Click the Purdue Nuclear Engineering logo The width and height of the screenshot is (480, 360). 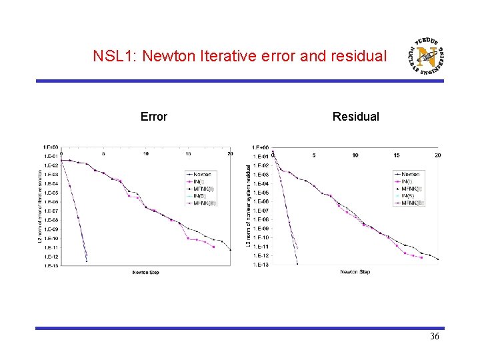tap(427, 55)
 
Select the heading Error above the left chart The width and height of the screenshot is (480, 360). tap(154, 117)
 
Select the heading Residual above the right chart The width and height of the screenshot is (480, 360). tap(355, 117)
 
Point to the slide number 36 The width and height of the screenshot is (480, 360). tap(434, 337)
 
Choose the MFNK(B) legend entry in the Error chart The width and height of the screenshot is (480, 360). tap(205, 203)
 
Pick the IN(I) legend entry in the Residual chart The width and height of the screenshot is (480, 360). tap(409, 181)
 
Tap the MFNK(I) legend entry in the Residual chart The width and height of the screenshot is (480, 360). tap(411, 189)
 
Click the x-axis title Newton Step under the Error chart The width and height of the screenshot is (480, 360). tap(145, 272)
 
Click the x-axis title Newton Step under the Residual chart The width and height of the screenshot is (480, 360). tap(355, 271)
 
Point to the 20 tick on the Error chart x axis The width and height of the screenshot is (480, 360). tap(230, 153)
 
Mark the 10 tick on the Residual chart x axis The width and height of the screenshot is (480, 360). tap(355, 155)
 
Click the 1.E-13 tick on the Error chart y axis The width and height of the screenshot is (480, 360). tap(51, 265)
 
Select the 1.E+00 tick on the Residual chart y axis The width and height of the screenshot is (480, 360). tap(261, 147)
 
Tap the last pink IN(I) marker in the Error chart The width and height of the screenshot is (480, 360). tap(213, 247)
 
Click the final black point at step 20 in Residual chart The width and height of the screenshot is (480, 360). tap(438, 259)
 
